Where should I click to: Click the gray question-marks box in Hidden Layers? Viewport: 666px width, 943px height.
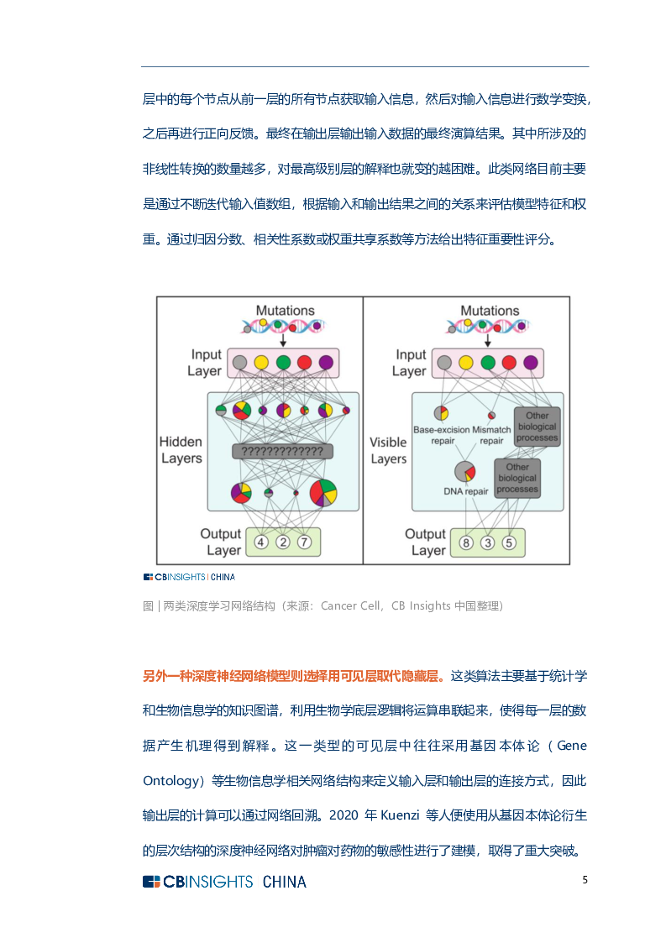(x=282, y=452)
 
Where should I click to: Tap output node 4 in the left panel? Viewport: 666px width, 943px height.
(x=261, y=542)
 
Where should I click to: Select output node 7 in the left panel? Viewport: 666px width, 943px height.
(x=305, y=542)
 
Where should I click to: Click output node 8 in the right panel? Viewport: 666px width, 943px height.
(x=466, y=542)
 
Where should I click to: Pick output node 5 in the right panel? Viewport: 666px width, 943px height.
(x=509, y=542)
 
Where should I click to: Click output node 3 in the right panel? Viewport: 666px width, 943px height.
(x=488, y=542)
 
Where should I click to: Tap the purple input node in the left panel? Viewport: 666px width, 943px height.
(x=326, y=363)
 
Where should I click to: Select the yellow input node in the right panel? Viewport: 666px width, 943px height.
(x=466, y=363)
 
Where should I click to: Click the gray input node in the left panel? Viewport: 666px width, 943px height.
(x=239, y=363)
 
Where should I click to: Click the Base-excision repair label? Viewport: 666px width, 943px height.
(x=442, y=435)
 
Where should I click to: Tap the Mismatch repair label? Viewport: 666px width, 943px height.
(x=492, y=435)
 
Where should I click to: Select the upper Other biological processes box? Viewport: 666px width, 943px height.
(x=537, y=427)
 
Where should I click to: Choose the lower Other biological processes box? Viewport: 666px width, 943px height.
(x=517, y=478)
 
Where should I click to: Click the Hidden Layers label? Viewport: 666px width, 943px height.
(x=181, y=450)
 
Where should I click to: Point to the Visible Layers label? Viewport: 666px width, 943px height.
(x=388, y=450)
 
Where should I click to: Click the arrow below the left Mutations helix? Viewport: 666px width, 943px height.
(x=283, y=339)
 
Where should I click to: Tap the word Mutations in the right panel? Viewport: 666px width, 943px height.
(x=490, y=311)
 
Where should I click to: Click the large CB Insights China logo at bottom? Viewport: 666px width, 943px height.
(x=224, y=881)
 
